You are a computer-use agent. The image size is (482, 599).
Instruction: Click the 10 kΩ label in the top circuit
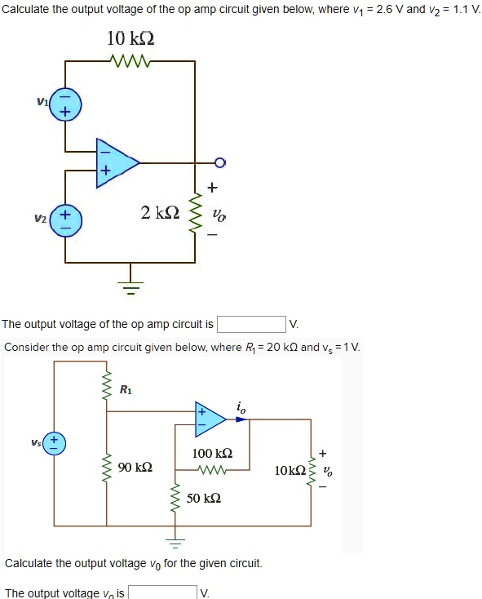click(x=130, y=38)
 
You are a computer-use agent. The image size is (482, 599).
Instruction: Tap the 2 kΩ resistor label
click(x=159, y=213)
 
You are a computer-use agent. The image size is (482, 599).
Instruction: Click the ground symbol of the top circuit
click(x=130, y=286)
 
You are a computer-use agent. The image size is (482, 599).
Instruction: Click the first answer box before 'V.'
click(x=250, y=325)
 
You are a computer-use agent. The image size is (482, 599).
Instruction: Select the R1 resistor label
click(x=126, y=389)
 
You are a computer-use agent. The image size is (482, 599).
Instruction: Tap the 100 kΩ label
click(x=212, y=453)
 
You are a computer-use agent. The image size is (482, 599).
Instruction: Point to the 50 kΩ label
click(x=203, y=497)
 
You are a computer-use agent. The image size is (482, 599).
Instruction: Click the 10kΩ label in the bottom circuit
click(x=290, y=471)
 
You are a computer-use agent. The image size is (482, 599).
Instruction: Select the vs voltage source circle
click(x=55, y=445)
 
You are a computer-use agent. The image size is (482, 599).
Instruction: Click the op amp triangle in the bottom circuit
click(x=209, y=419)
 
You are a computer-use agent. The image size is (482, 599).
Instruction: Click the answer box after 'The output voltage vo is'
click(x=162, y=592)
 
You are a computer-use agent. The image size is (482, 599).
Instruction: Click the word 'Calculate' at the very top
click(x=29, y=10)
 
